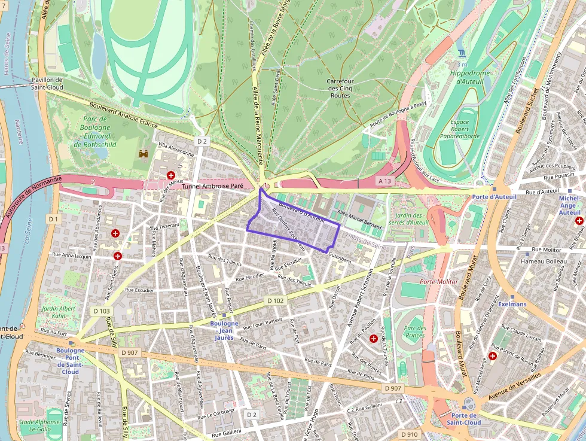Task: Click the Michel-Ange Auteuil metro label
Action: pos(569,205)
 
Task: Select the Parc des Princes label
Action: pos(414,331)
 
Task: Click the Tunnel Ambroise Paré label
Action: pos(212,187)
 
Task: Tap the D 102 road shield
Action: pos(275,301)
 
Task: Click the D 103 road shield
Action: pos(102,311)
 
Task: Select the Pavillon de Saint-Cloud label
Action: pos(47,83)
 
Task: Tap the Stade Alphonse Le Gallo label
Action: pos(39,425)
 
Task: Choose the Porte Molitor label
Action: pos(439,281)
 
